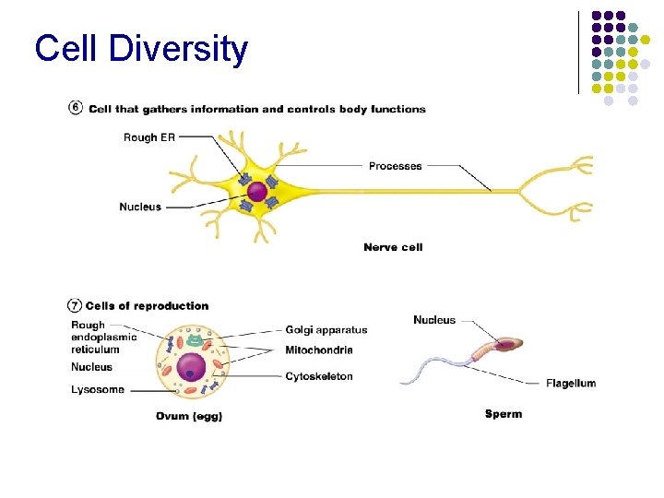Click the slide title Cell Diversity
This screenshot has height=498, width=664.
[x=141, y=48]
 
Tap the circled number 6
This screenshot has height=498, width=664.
[x=76, y=108]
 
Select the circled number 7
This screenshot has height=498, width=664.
[x=75, y=305]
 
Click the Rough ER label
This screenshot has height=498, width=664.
[x=148, y=137]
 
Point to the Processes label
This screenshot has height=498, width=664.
[x=395, y=166]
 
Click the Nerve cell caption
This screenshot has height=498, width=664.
[x=393, y=247]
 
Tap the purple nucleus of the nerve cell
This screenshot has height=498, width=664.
[x=257, y=192]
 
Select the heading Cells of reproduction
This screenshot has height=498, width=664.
[x=148, y=306]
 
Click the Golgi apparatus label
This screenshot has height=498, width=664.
[x=326, y=329]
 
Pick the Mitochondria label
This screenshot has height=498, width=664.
[x=319, y=350]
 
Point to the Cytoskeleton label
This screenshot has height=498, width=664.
[x=319, y=376]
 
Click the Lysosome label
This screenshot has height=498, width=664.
[x=98, y=390]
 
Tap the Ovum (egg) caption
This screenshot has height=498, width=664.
[x=189, y=416]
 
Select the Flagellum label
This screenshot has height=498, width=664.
[x=571, y=384]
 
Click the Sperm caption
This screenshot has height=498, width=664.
[x=504, y=414]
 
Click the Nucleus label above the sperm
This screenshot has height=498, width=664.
[x=434, y=320]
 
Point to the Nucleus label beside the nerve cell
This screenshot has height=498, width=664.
[x=140, y=207]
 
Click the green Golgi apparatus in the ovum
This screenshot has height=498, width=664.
[x=196, y=340]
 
